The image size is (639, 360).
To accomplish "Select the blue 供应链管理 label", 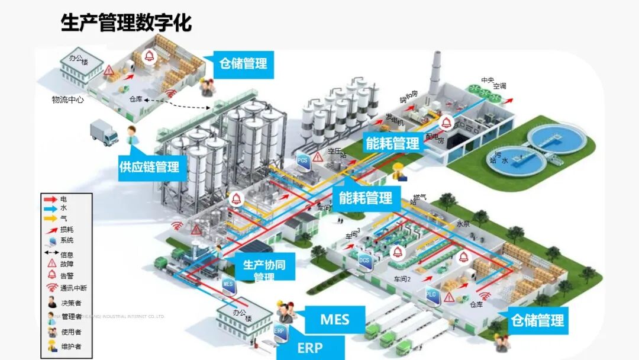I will coord(149,167).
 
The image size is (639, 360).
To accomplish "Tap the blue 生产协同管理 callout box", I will coord(264,269).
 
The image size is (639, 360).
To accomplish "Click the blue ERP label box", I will coord(310,348).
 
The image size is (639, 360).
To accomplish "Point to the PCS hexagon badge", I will coord(303,161).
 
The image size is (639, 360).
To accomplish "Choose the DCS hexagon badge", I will coord(365,260).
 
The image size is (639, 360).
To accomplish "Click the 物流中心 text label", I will coord(67,99).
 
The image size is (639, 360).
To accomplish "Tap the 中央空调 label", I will coord(493,83).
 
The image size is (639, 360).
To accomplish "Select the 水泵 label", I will coord(463,224).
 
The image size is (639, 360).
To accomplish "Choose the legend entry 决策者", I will coord(70,303).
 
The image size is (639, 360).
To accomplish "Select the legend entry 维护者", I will coord(70,347).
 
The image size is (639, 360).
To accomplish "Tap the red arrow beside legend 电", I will coord(51,199).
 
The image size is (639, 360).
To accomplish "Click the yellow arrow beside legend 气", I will coord(51,218).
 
